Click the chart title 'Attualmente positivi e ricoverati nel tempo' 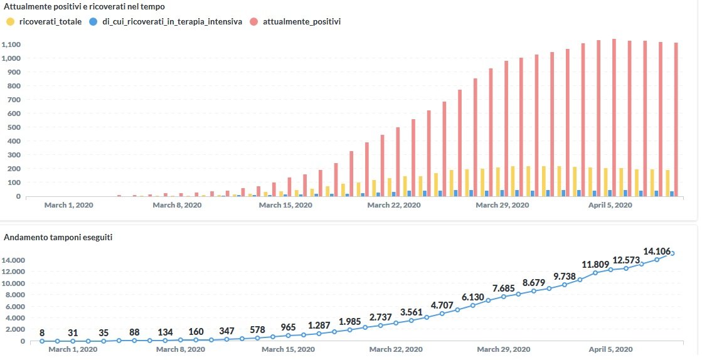point(84,7)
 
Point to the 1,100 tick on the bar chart point(11,45)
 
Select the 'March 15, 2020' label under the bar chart point(285,205)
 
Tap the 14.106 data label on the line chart point(657,250)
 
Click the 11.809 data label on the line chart point(595,264)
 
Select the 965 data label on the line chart point(288,327)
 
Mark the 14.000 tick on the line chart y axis point(14,260)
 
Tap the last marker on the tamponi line point(673,253)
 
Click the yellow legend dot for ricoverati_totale point(9,22)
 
